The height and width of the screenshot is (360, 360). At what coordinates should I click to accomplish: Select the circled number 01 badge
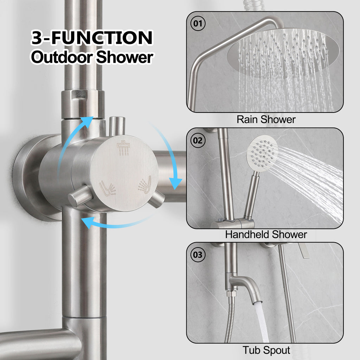198,24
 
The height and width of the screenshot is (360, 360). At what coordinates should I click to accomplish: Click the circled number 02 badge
198,140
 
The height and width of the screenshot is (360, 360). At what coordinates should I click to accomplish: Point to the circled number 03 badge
198,255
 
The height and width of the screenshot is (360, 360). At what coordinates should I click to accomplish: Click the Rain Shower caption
266,120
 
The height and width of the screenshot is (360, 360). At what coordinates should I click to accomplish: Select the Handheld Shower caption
266,234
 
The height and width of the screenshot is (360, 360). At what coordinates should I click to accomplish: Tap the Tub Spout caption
266,350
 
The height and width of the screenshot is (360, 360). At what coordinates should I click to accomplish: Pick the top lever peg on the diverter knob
117,126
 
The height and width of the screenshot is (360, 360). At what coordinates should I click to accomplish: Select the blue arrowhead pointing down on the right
175,183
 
